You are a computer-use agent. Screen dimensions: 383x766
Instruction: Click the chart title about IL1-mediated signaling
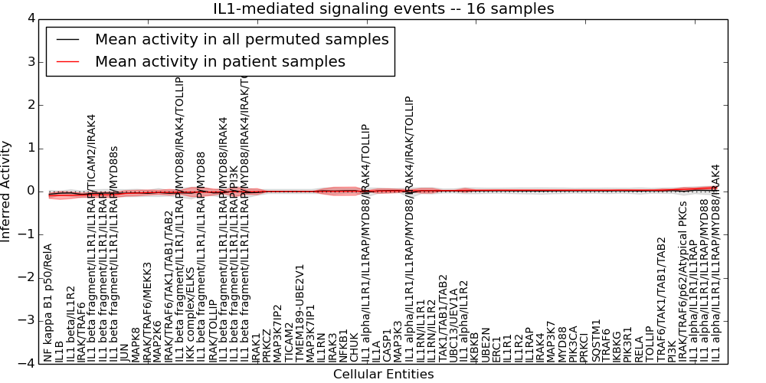[383, 8]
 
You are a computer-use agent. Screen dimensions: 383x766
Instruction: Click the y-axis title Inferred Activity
[7, 191]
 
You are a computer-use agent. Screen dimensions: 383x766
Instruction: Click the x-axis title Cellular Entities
[383, 375]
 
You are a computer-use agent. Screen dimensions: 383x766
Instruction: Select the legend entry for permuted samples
[241, 39]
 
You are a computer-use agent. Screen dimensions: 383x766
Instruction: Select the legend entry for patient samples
[220, 61]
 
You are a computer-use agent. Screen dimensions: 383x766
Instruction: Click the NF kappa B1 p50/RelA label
[48, 303]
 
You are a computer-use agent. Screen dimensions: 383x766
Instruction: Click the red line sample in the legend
[66, 61]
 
